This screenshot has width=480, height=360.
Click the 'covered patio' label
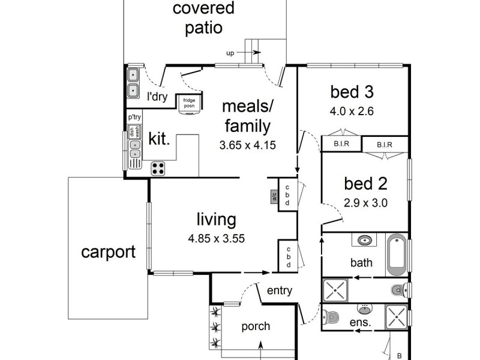(196, 18)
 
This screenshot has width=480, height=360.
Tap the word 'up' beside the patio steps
(230, 53)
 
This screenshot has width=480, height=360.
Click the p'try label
(134, 118)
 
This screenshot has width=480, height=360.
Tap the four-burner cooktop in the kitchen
(158, 168)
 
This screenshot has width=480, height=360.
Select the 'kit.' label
(160, 140)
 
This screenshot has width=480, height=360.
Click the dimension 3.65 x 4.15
(248, 145)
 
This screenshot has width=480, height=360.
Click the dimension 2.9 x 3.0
(365, 203)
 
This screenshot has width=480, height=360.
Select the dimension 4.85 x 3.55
(216, 238)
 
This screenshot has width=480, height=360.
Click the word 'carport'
(109, 251)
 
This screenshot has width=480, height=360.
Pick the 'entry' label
(279, 291)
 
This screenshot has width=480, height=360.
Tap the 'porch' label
(256, 326)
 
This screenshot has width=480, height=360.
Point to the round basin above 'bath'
(364, 241)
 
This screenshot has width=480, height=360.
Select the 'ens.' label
(359, 323)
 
